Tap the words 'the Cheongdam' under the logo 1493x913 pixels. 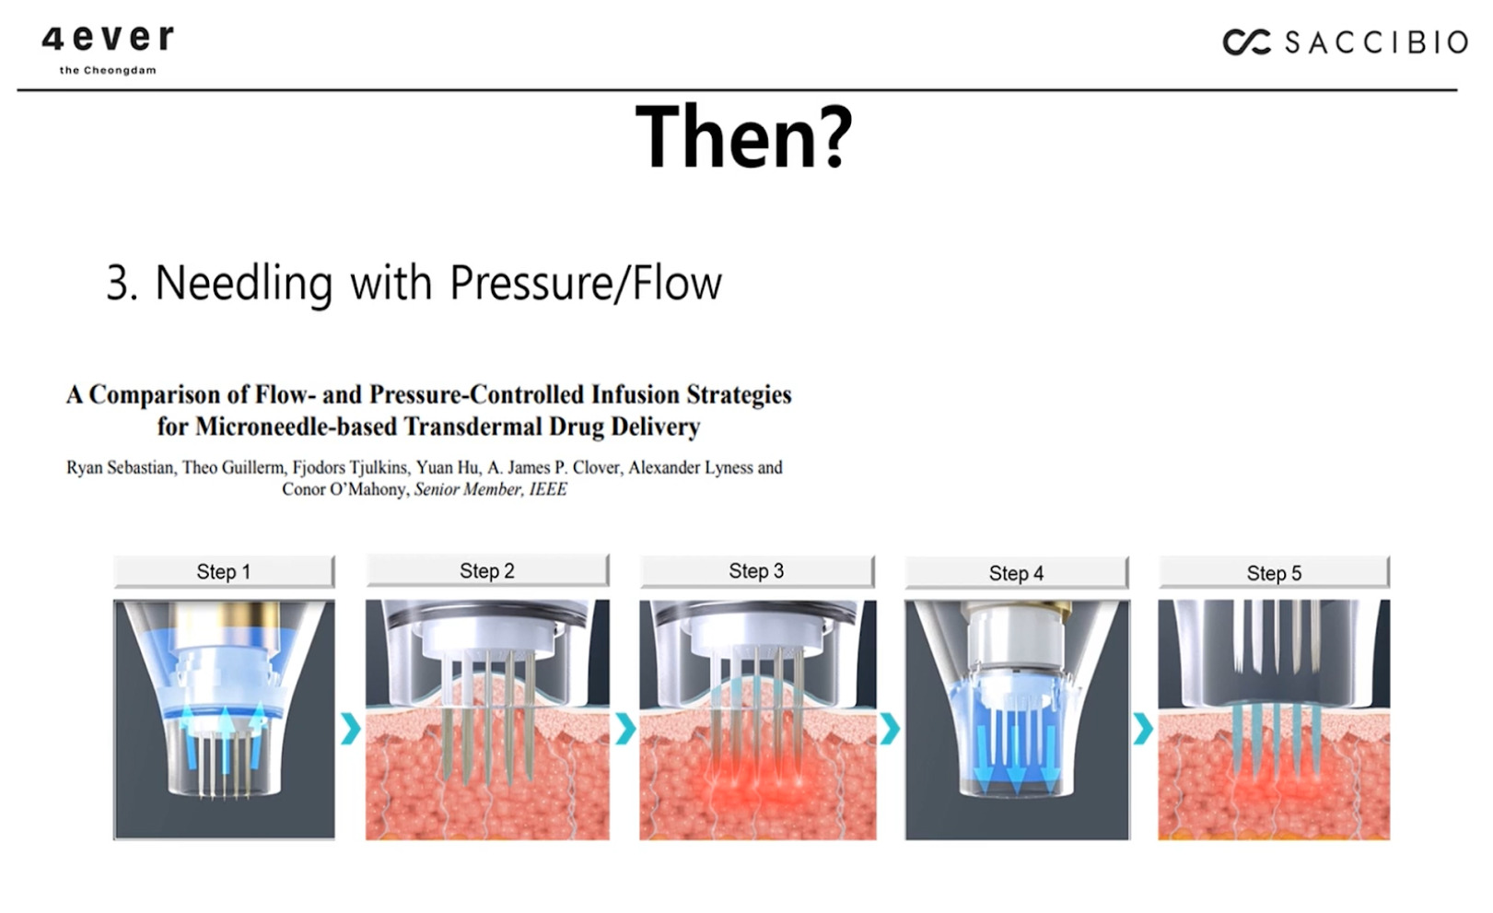[108, 70]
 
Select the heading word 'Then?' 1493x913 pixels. [744, 136]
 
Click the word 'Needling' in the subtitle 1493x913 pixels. [244, 284]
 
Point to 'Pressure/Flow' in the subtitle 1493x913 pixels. [586, 283]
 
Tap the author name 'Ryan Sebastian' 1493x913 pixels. [120, 467]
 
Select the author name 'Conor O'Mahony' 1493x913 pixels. [344, 489]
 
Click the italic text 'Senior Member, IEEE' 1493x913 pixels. [491, 489]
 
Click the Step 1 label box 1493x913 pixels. [224, 571]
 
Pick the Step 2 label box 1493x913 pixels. [487, 570]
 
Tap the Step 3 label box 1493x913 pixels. [756, 571]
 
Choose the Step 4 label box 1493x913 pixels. [1017, 573]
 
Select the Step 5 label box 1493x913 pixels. [1274, 572]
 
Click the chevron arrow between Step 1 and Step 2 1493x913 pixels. [351, 728]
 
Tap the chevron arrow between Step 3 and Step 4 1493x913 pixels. [891, 728]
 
